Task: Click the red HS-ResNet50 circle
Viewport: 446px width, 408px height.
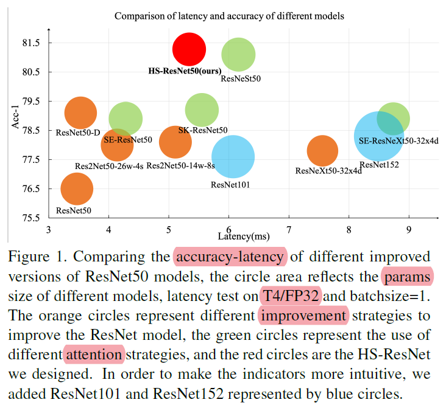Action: pyautogui.click(x=189, y=49)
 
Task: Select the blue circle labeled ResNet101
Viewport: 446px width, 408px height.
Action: pyautogui.click(x=233, y=157)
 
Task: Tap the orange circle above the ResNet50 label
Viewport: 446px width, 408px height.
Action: pyautogui.click(x=77, y=188)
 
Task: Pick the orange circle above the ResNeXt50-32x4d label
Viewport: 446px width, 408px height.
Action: pyautogui.click(x=322, y=151)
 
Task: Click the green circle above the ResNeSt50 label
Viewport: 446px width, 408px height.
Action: pyautogui.click(x=238, y=54)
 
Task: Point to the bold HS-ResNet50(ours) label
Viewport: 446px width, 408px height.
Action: pyautogui.click(x=185, y=71)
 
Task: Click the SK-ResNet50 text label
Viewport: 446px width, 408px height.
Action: pyautogui.click(x=203, y=130)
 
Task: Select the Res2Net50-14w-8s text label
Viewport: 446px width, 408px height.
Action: pyautogui.click(x=181, y=165)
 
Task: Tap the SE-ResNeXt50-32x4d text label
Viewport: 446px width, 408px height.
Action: pyautogui.click(x=398, y=140)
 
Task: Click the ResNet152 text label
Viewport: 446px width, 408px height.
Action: pyautogui.click(x=379, y=164)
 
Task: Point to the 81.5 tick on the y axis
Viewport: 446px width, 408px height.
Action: pyautogui.click(x=32, y=43)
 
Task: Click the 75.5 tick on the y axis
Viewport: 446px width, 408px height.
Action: pyautogui.click(x=32, y=218)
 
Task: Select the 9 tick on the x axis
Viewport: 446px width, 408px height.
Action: pyautogui.click(x=408, y=229)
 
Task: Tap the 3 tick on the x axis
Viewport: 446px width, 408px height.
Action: pyautogui.click(x=49, y=229)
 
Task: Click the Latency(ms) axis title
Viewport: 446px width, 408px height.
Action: pyautogui.click(x=242, y=235)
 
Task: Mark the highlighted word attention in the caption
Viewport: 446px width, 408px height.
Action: pyautogui.click(x=93, y=353)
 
